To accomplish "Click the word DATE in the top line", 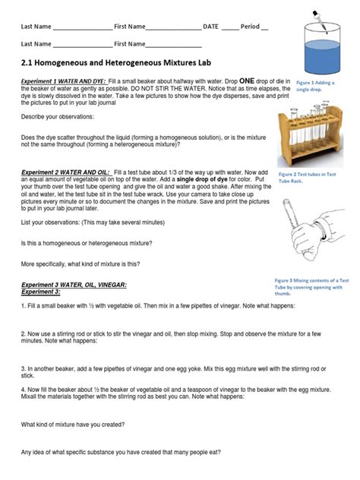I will click(210, 27).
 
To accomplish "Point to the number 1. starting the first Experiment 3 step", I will click(24, 305).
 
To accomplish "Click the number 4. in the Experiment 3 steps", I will click(24, 387).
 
